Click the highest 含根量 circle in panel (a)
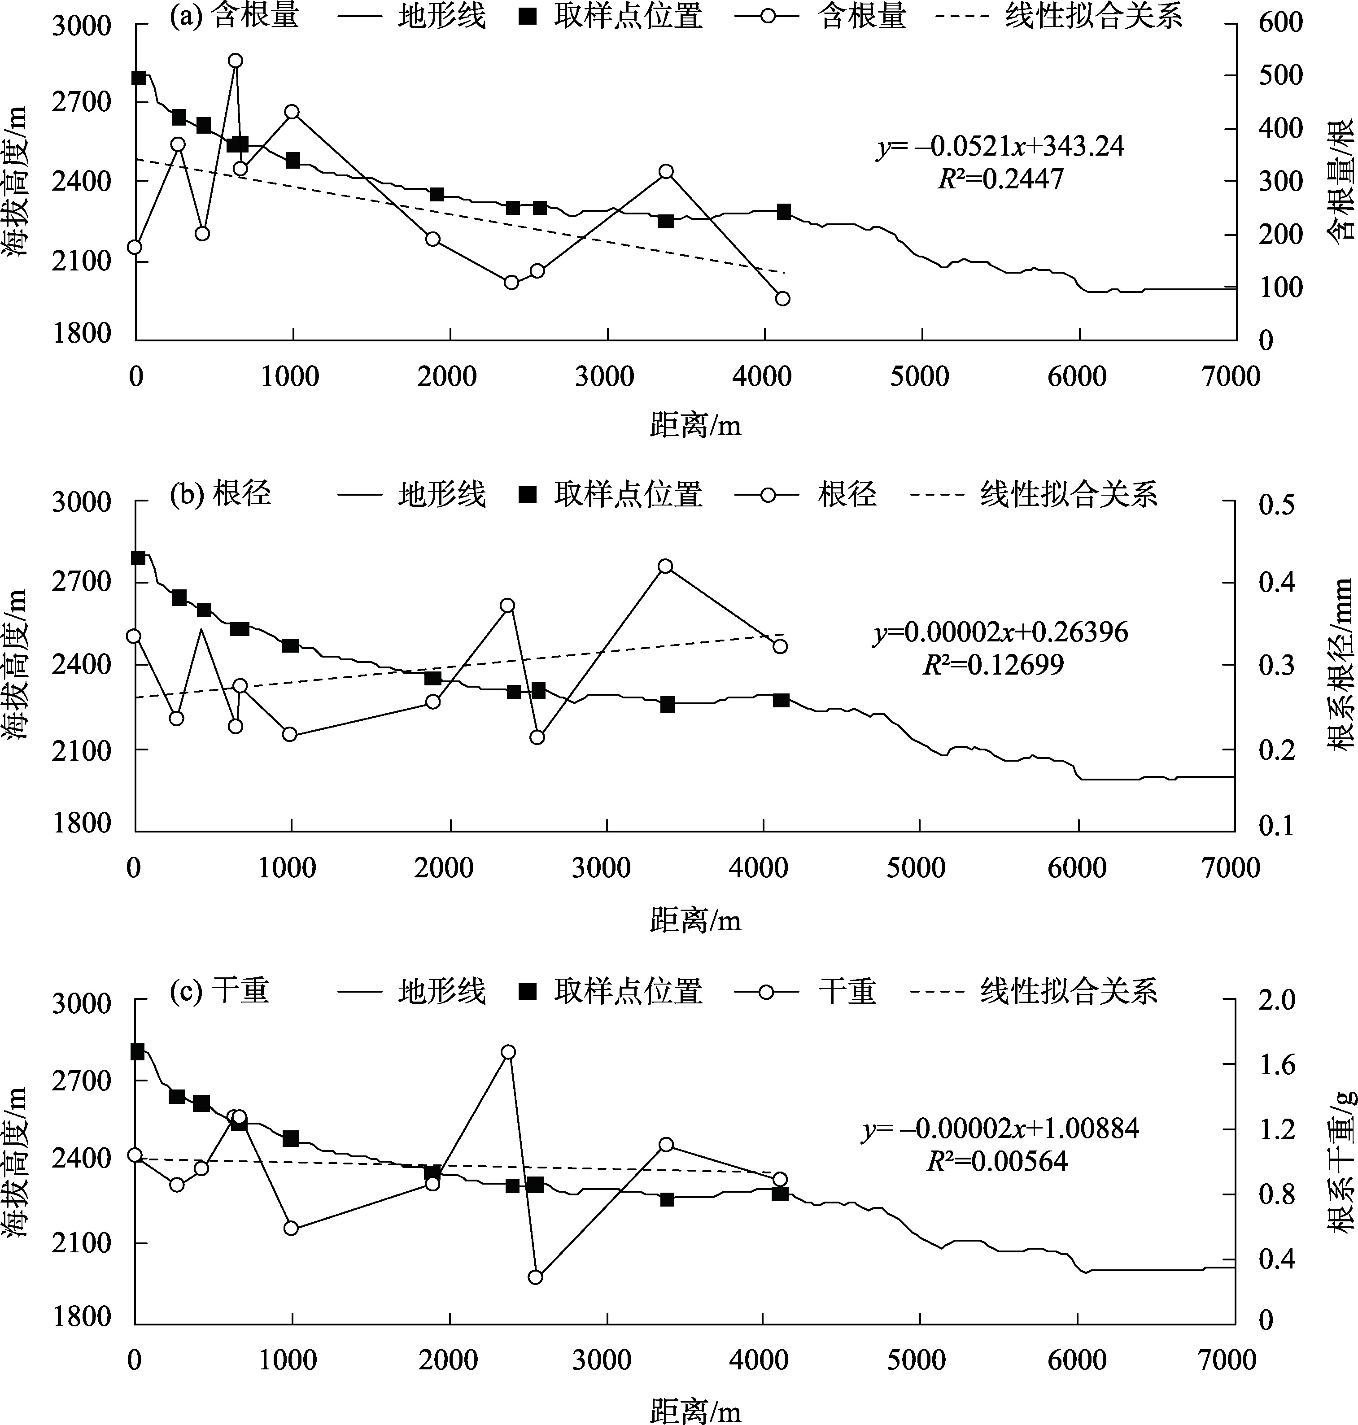pos(235,61)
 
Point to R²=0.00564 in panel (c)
pos(997,1161)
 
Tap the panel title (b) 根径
pos(220,494)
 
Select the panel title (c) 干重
pos(219,991)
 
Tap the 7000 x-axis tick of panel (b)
pos(1231,868)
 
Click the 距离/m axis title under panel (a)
pos(695,426)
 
